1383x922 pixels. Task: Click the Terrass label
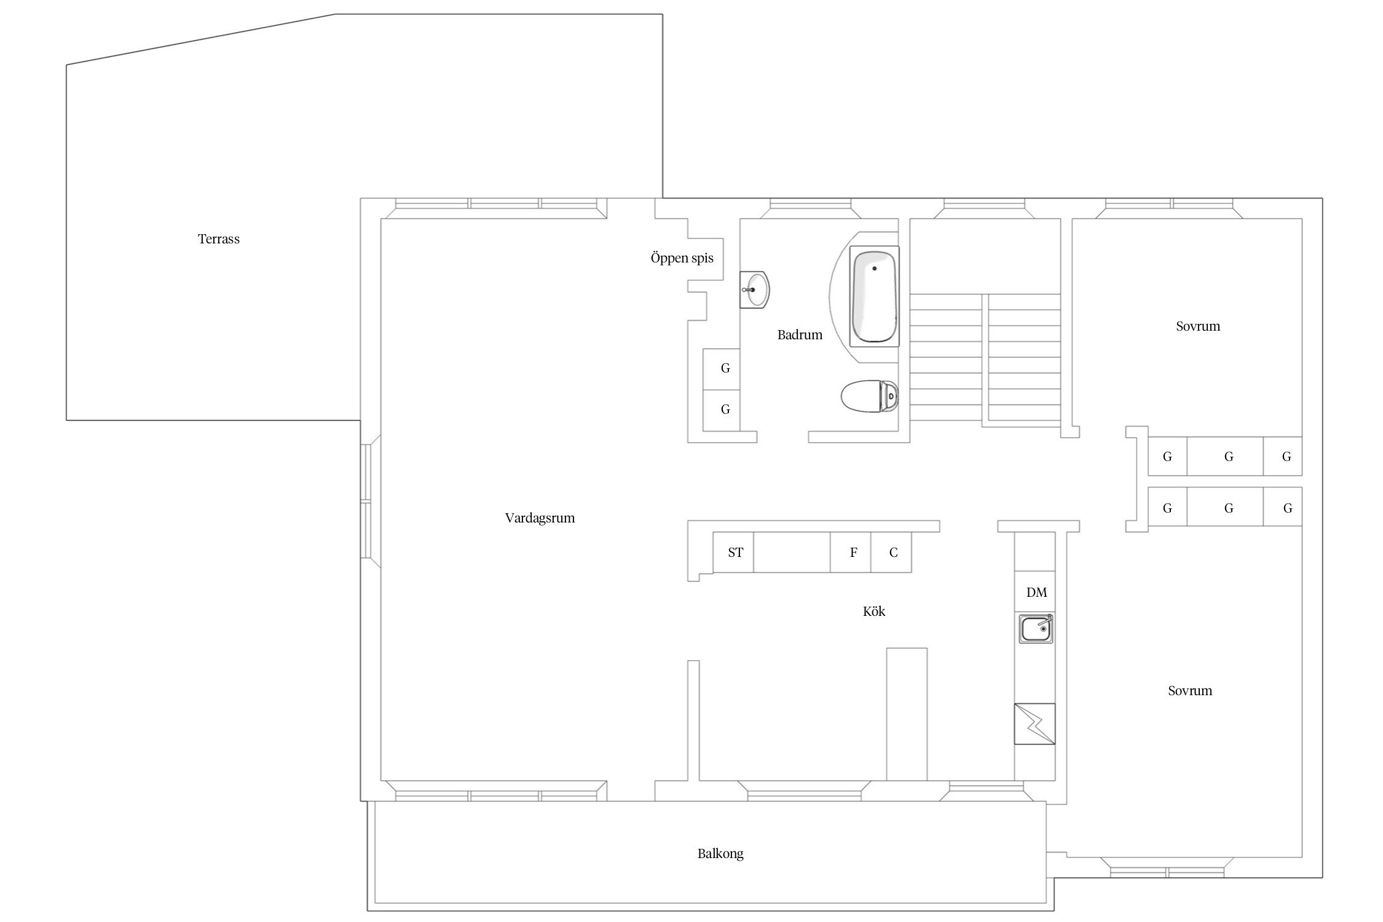pyautogui.click(x=219, y=239)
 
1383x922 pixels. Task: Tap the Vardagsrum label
pyautogui.click(x=540, y=518)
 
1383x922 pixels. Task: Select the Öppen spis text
pyautogui.click(x=682, y=258)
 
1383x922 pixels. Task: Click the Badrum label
pyautogui.click(x=800, y=335)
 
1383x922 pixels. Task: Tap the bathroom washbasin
pyautogui.click(x=755, y=289)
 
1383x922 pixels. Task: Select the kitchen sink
pyautogui.click(x=1037, y=629)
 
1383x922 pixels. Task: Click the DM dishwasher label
pyautogui.click(x=1036, y=593)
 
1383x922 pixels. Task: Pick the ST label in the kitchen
pyautogui.click(x=735, y=553)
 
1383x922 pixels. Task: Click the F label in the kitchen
pyautogui.click(x=853, y=553)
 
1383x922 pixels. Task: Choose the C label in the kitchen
pyautogui.click(x=893, y=553)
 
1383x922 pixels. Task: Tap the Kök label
pyautogui.click(x=874, y=612)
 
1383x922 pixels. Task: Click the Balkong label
pyautogui.click(x=720, y=854)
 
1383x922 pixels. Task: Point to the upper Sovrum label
pyautogui.click(x=1198, y=326)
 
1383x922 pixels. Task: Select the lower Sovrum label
pyautogui.click(x=1190, y=691)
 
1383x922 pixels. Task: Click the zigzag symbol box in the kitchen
pyautogui.click(x=1034, y=724)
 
